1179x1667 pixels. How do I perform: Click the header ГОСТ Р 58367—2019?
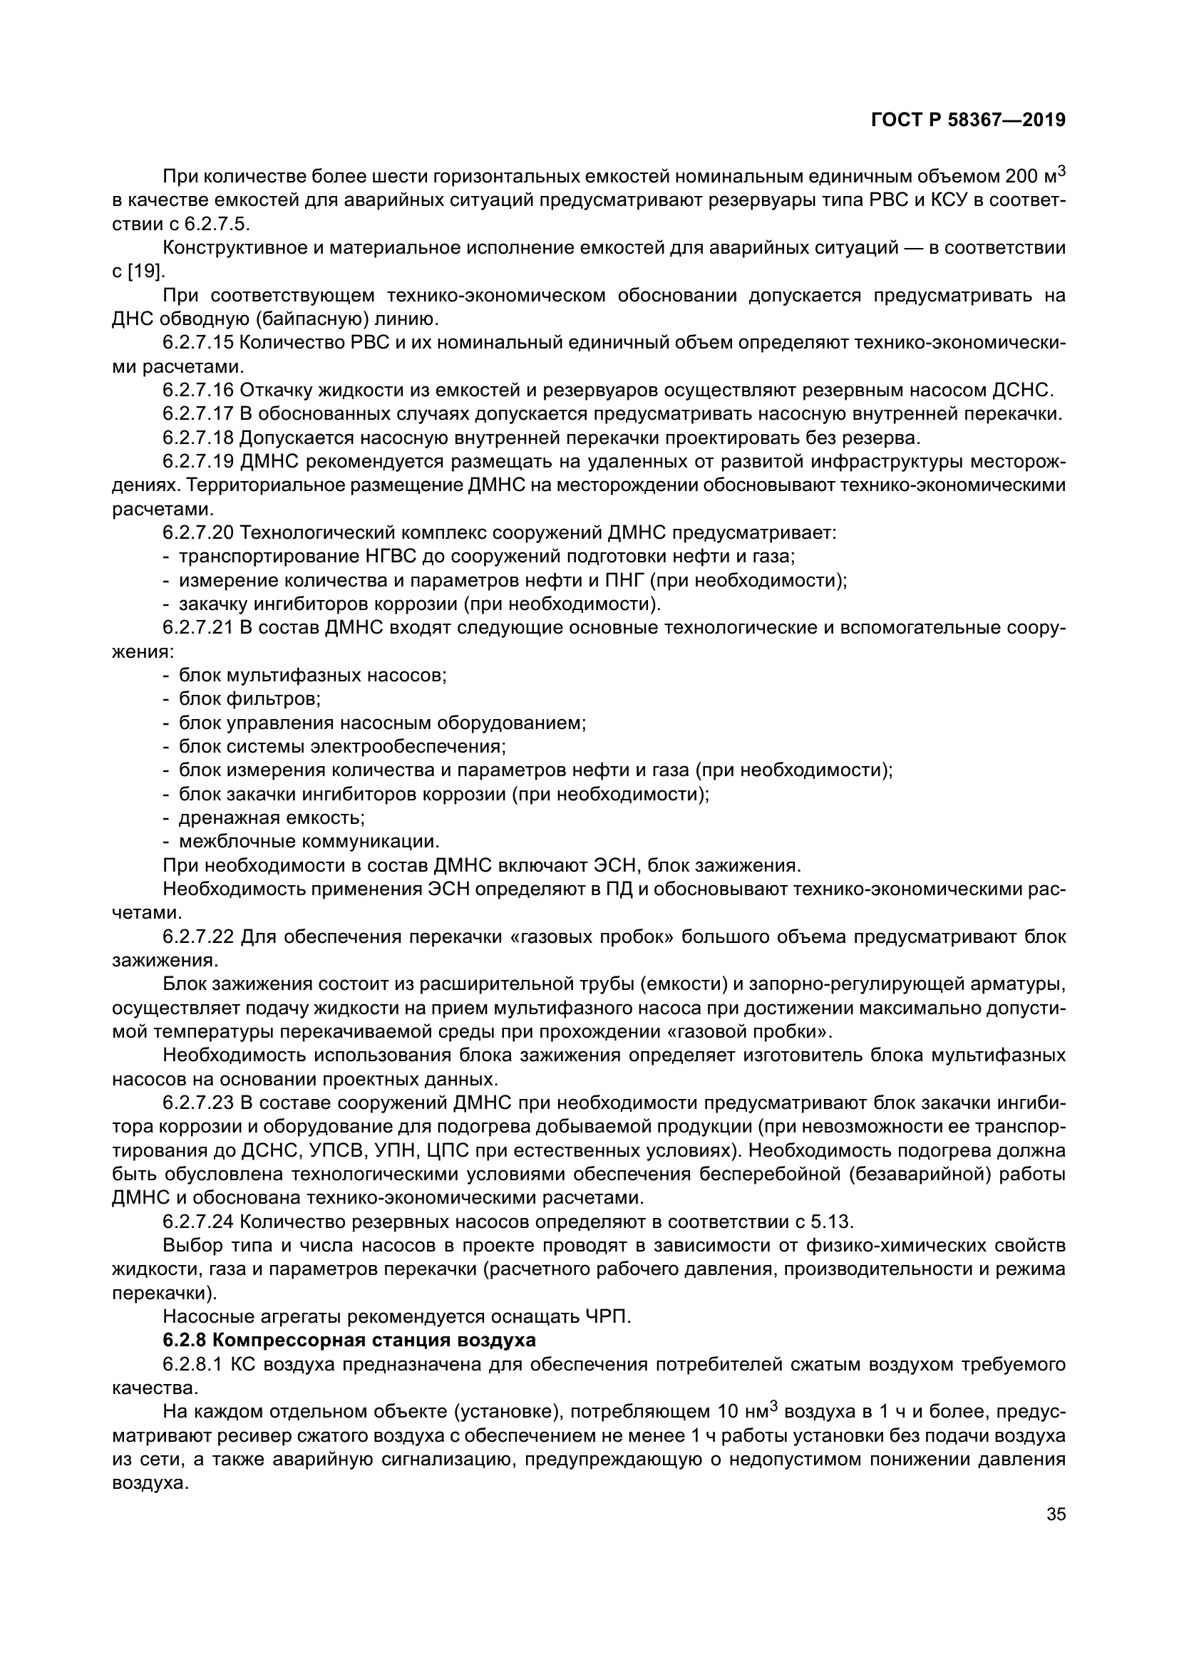(x=968, y=120)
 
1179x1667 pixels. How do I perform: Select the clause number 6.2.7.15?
(x=197, y=343)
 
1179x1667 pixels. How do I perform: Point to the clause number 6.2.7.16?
(x=197, y=391)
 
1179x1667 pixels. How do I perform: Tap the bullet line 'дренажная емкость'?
(x=271, y=818)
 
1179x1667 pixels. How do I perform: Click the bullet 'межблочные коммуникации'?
(x=309, y=842)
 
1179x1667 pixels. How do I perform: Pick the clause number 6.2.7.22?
(x=197, y=936)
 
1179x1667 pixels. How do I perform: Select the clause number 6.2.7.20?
(x=197, y=533)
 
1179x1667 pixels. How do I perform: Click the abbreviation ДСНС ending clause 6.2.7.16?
(x=1021, y=391)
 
